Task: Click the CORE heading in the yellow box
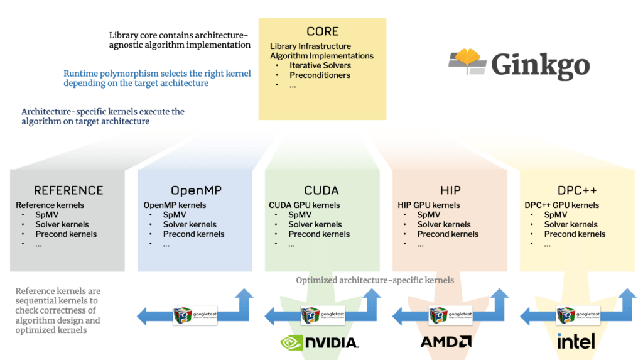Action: [322, 31]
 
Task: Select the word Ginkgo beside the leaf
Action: [541, 65]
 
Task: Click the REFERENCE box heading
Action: [68, 190]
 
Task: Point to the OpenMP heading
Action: [196, 190]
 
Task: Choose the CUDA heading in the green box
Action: [321, 190]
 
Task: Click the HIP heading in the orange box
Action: [450, 190]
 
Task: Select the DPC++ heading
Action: [577, 190]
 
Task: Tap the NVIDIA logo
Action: [319, 342]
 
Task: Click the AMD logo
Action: [446, 342]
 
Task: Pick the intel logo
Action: [576, 341]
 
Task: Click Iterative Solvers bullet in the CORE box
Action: [320, 65]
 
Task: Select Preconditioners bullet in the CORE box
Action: [320, 75]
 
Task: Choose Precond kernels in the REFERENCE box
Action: [66, 234]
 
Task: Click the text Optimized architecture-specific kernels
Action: [375, 280]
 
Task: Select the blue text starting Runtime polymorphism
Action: [157, 79]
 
